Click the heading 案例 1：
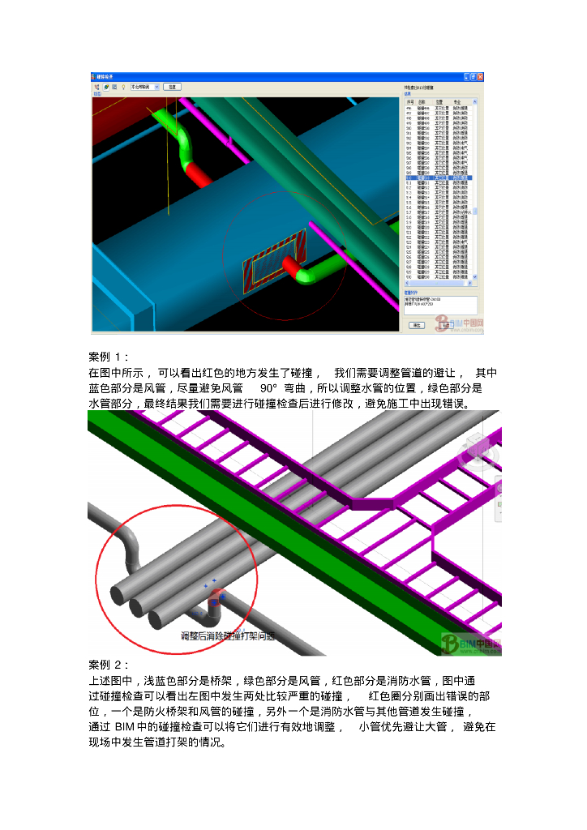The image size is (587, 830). pyautogui.click(x=109, y=357)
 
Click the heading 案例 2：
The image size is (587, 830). pyautogui.click(x=109, y=665)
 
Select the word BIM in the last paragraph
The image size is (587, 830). pyautogui.click(x=125, y=727)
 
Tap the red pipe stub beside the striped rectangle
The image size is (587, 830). pyautogui.click(x=291, y=265)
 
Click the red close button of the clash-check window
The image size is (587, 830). pyautogui.click(x=480, y=77)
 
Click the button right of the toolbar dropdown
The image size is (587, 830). pyautogui.click(x=171, y=86)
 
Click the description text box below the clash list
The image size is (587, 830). pyautogui.click(x=440, y=305)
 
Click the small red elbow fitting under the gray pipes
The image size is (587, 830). pyautogui.click(x=216, y=601)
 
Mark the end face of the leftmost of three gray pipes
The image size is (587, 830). pyautogui.click(x=119, y=594)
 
